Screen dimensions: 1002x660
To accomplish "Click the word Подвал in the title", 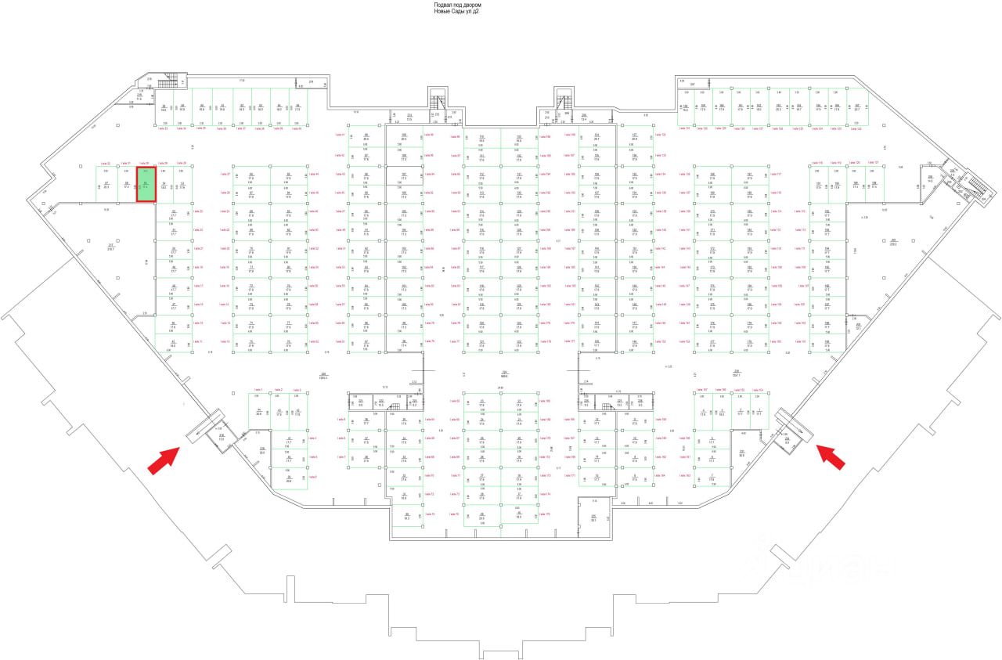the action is click(443, 5).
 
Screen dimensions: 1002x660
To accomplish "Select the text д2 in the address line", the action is click(478, 11).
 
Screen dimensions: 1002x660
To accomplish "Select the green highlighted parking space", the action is click(145, 185).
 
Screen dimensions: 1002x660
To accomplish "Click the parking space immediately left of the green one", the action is click(126, 185).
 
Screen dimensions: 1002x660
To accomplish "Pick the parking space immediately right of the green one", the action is click(164, 185).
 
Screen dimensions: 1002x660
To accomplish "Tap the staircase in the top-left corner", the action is click(168, 83).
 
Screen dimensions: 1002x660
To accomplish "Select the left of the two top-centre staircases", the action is click(437, 102).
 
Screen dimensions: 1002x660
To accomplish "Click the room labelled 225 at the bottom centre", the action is click(594, 518).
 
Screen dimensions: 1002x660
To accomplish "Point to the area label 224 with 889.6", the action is click(505, 373).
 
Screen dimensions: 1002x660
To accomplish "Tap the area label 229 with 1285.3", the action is click(323, 375).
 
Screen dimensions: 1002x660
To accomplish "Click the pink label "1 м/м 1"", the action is click(256, 389).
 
